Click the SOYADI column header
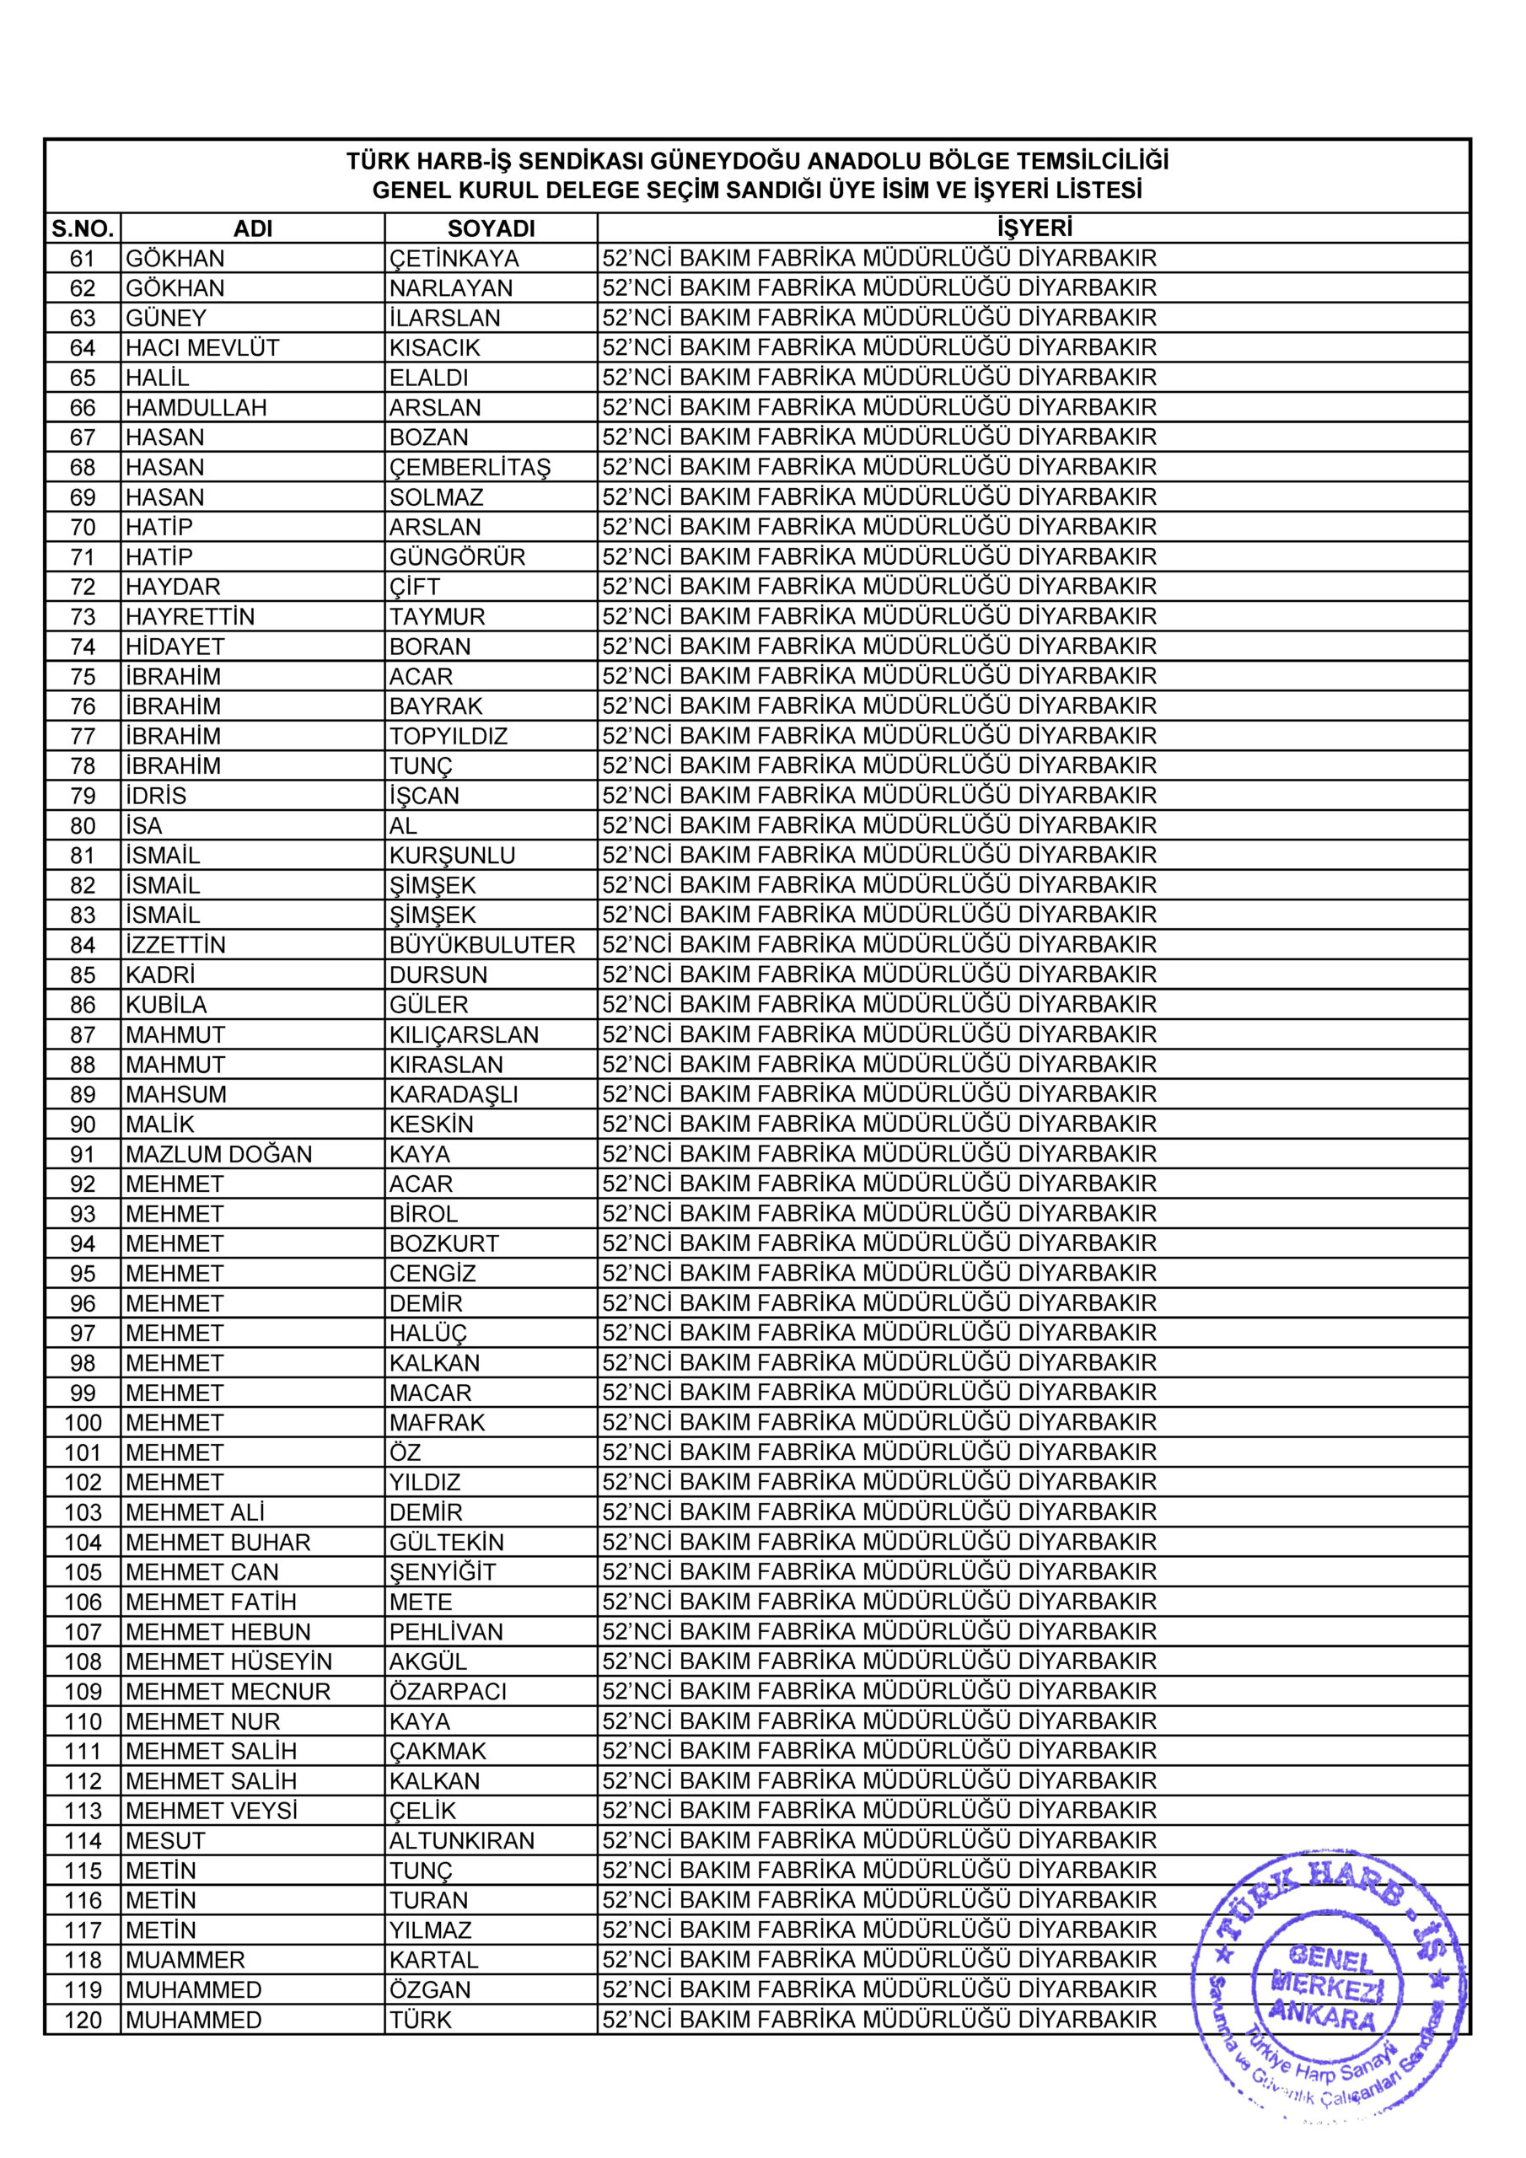pos(491,228)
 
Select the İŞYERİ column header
pos(1034,228)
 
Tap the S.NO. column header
pos(83,228)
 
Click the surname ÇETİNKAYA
pos(454,259)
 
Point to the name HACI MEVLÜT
pos(202,348)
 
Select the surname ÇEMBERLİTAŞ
pos(470,467)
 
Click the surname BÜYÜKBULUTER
pos(482,945)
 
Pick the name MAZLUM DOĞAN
pos(218,1154)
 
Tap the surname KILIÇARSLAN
pos(465,1035)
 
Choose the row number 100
pos(83,1423)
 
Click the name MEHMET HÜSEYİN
pos(228,1661)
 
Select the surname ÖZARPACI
pos(448,1692)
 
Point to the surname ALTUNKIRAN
pos(462,1841)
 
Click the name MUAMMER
pos(185,1961)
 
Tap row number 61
pos(83,259)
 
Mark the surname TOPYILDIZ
pos(449,736)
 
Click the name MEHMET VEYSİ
pos(211,1812)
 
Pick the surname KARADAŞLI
pos(454,1094)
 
